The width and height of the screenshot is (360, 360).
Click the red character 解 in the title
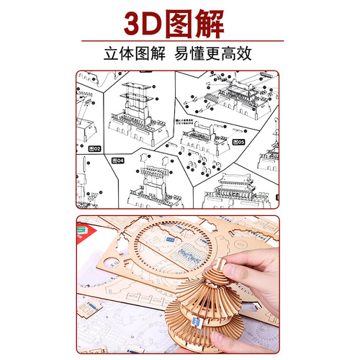click(x=223, y=24)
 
